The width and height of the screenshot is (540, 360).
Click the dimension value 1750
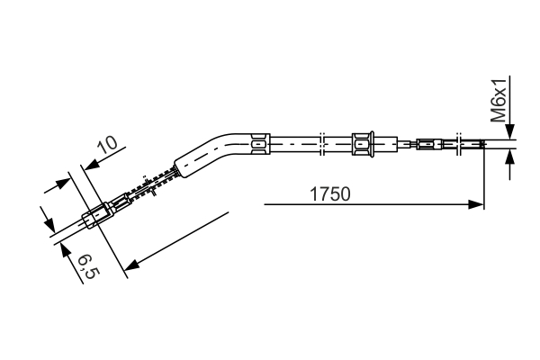coord(329,193)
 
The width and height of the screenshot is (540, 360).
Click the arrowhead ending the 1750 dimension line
coord(478,205)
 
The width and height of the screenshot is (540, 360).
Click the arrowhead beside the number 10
coord(87,165)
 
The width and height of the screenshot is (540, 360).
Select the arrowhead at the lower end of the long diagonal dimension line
coord(131,265)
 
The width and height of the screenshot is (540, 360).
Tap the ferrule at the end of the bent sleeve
coord(259,141)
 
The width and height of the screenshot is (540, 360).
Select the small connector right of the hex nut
coord(427,142)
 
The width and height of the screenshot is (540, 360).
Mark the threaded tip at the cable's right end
coord(499,142)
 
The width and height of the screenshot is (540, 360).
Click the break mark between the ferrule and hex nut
coord(321,141)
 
